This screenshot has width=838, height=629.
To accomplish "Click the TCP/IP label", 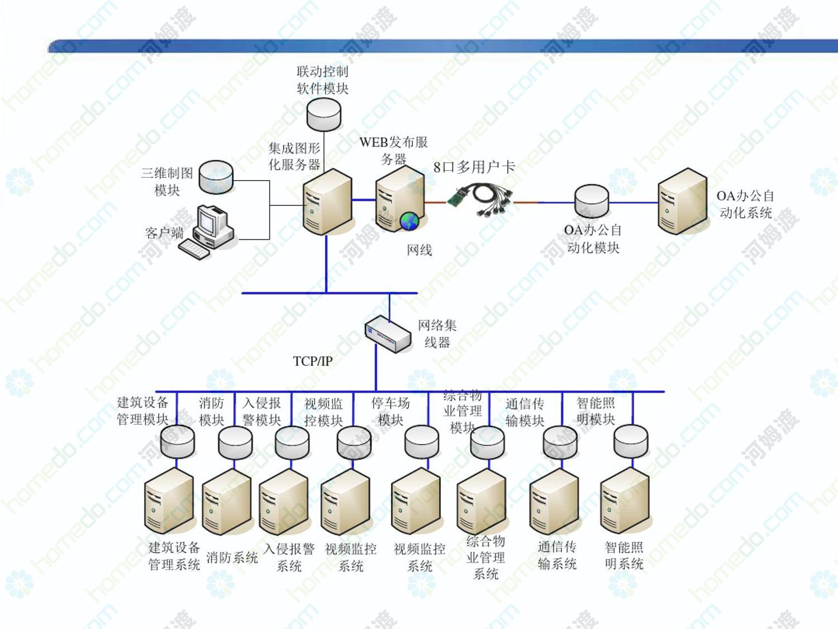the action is (313, 361).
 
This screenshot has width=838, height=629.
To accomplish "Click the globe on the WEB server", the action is (410, 221).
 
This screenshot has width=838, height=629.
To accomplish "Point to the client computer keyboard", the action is (194, 249).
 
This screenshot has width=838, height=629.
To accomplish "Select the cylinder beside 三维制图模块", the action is (216, 177).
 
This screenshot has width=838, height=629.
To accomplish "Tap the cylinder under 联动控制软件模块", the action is (323, 114).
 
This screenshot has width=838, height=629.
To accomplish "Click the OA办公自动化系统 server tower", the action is (683, 201).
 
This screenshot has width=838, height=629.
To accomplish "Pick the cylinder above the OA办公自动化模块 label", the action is (592, 201).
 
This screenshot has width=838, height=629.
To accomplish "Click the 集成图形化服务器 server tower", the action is (327, 201).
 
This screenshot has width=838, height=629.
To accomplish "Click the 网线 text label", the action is (419, 250).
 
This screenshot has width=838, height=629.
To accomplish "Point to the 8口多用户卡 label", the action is (474, 167).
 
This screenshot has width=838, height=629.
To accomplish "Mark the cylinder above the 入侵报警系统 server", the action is (292, 442).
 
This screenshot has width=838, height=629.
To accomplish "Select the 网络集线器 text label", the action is (437, 334).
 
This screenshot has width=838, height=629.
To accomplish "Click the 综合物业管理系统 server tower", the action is (482, 502).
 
